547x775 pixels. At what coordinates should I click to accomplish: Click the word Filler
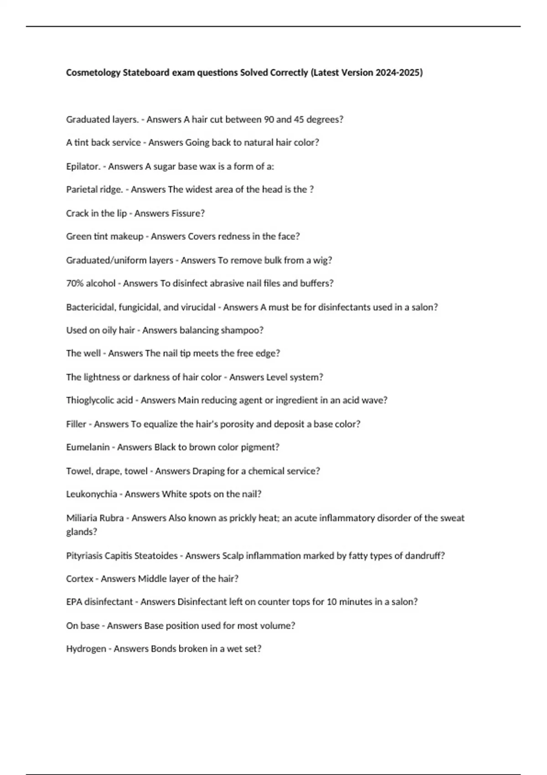pos(76,424)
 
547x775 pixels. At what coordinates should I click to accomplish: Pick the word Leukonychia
pos(92,494)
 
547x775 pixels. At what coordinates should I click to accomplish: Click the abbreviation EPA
pos(74,602)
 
